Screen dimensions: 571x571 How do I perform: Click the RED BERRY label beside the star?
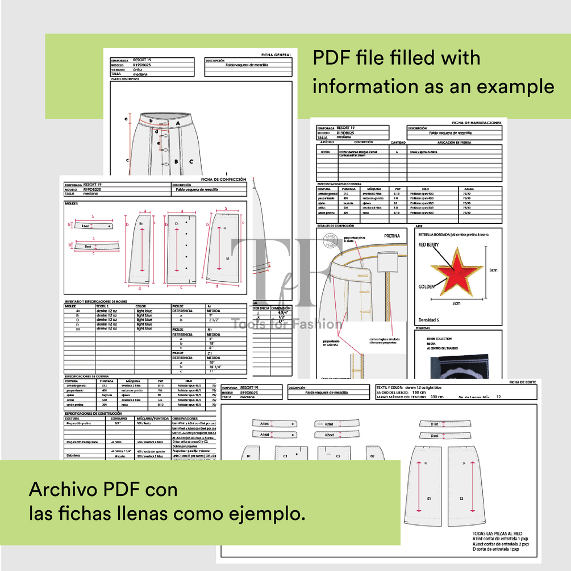coord(430,245)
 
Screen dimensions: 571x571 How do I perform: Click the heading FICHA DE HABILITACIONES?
coord(476,122)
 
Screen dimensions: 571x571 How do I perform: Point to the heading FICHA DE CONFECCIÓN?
coord(224,179)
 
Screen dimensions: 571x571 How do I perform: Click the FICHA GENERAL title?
coord(276,55)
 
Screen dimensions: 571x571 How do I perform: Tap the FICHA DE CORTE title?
coord(523,382)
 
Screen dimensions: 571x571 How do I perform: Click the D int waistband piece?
coord(434,424)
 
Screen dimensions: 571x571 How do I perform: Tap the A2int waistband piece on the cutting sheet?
coord(329,424)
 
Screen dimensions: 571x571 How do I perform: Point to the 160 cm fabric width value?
coord(419,392)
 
